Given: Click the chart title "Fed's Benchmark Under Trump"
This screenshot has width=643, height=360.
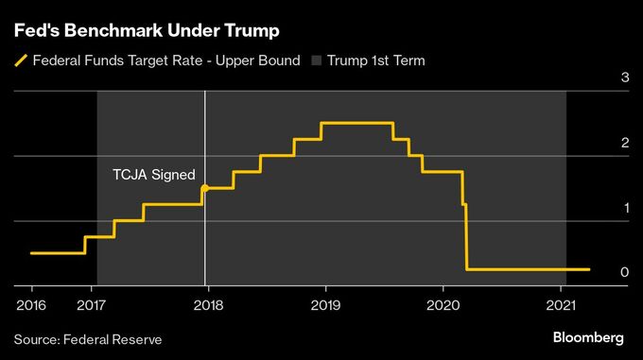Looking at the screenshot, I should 147,31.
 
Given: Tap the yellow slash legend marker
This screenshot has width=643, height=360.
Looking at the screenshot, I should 20,61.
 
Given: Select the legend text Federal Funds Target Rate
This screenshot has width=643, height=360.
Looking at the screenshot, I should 166,61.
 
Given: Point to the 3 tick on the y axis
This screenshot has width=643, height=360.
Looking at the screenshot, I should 624,77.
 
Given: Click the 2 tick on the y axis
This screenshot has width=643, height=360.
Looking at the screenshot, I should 624,143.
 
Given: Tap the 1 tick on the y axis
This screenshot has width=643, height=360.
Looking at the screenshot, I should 624,208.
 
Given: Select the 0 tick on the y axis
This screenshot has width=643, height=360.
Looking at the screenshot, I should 624,272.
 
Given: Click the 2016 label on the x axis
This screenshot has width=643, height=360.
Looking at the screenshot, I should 30,304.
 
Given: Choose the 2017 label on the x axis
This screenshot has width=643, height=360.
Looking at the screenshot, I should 90,304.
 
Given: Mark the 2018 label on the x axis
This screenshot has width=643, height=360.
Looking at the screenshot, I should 207,304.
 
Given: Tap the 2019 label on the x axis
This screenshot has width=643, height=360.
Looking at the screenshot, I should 325,304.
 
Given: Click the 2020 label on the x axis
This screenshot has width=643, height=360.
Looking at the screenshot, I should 443,304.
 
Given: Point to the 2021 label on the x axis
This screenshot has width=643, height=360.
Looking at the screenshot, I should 561,304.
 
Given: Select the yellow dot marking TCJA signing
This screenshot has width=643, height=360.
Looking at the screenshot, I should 205,188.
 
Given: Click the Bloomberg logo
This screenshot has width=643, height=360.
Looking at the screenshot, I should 588,337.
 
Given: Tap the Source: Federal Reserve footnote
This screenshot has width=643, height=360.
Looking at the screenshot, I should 88,338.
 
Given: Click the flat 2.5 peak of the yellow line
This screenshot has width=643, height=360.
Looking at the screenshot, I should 356,123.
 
